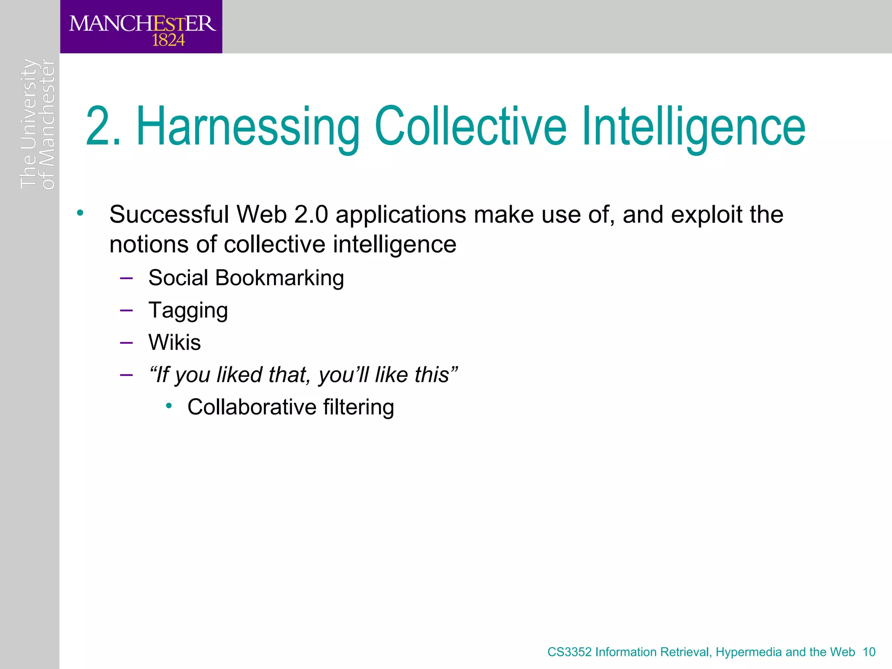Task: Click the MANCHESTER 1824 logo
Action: pyautogui.click(x=142, y=27)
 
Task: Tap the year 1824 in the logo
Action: pyautogui.click(x=168, y=41)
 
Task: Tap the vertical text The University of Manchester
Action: pyautogui.click(x=37, y=124)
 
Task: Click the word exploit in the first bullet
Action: pyautogui.click(x=706, y=215)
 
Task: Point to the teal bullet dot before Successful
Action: pyautogui.click(x=80, y=213)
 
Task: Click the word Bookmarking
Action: pyautogui.click(x=279, y=278)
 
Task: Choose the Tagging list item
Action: pyautogui.click(x=188, y=311)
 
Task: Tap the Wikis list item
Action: pyautogui.click(x=174, y=342)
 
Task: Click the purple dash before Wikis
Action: pyautogui.click(x=126, y=342)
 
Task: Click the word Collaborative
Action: pyautogui.click(x=252, y=407)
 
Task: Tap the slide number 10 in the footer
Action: pyautogui.click(x=869, y=652)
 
